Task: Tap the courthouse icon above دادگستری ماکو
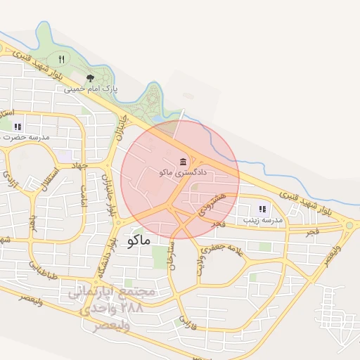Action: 183,161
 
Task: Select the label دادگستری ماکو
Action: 183,172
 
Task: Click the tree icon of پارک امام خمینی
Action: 89,78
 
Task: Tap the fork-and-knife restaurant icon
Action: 62,59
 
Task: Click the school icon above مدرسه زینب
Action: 262,209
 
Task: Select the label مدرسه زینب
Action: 262,220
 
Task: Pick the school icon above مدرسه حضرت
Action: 18,127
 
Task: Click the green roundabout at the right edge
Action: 349,226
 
